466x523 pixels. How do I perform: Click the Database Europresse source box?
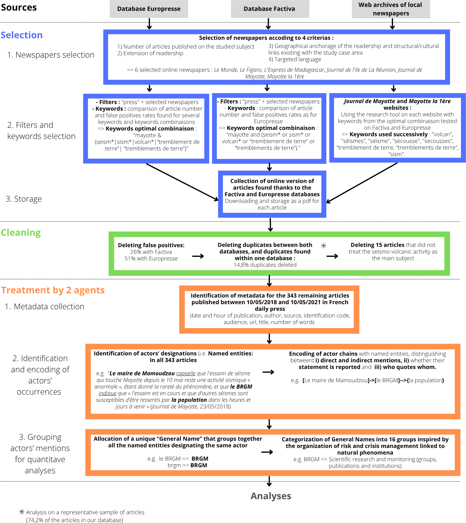[x=149, y=9]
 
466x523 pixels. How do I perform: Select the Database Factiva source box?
[x=269, y=9]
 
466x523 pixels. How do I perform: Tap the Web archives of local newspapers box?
[x=391, y=9]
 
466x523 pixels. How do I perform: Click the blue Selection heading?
[x=22, y=35]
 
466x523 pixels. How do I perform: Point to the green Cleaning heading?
[x=21, y=232]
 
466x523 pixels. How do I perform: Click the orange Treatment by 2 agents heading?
[x=53, y=290]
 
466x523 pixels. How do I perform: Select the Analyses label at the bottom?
[x=271, y=496]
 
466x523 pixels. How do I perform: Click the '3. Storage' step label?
[x=24, y=199]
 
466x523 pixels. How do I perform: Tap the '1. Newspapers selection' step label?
[x=51, y=55]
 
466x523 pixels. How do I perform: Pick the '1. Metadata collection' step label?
[x=45, y=307]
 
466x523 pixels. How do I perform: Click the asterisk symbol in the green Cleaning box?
[x=324, y=246]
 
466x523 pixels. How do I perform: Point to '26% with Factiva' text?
[x=151, y=252]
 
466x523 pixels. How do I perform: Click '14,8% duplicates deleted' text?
[x=265, y=265]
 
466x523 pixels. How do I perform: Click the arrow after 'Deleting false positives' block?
[x=198, y=256]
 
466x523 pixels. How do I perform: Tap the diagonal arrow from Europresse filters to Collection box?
[x=182, y=182]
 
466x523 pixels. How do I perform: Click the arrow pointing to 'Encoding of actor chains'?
[x=268, y=372]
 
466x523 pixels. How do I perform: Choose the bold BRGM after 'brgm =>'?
[x=199, y=465]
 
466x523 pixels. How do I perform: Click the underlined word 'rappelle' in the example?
[x=186, y=373]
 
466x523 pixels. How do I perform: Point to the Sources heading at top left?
[x=19, y=7]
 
